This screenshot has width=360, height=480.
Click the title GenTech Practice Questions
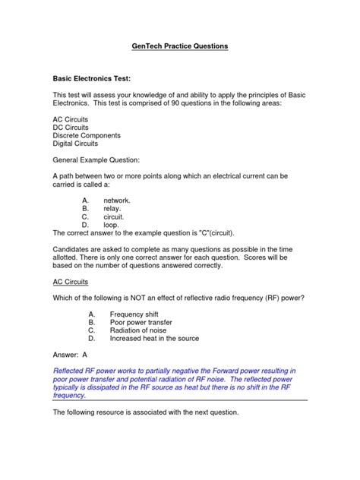tap(179, 46)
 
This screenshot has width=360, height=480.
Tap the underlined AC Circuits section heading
tap(70, 280)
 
